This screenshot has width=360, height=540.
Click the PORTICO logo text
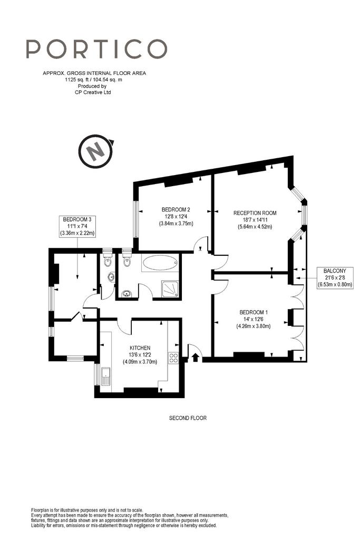tap(96, 49)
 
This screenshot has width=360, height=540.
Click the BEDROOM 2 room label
tap(176, 209)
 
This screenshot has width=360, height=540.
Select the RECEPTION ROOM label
tap(255, 213)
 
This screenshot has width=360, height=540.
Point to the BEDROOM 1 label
tap(254, 312)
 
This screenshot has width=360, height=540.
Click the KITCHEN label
tap(140, 348)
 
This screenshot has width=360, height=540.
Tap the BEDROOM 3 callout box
tap(77, 226)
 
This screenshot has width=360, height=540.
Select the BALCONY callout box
tap(335, 277)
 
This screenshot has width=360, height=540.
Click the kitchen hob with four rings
tap(173, 358)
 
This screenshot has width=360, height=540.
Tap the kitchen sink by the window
tap(105, 377)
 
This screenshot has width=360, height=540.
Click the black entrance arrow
tap(196, 357)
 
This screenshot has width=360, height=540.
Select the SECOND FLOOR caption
tap(188, 418)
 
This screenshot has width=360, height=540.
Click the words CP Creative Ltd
tap(93, 92)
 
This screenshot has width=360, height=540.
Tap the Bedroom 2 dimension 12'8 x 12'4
tap(176, 216)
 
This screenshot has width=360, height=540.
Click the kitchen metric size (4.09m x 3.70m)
tap(140, 362)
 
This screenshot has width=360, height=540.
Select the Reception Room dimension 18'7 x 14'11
tap(255, 220)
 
